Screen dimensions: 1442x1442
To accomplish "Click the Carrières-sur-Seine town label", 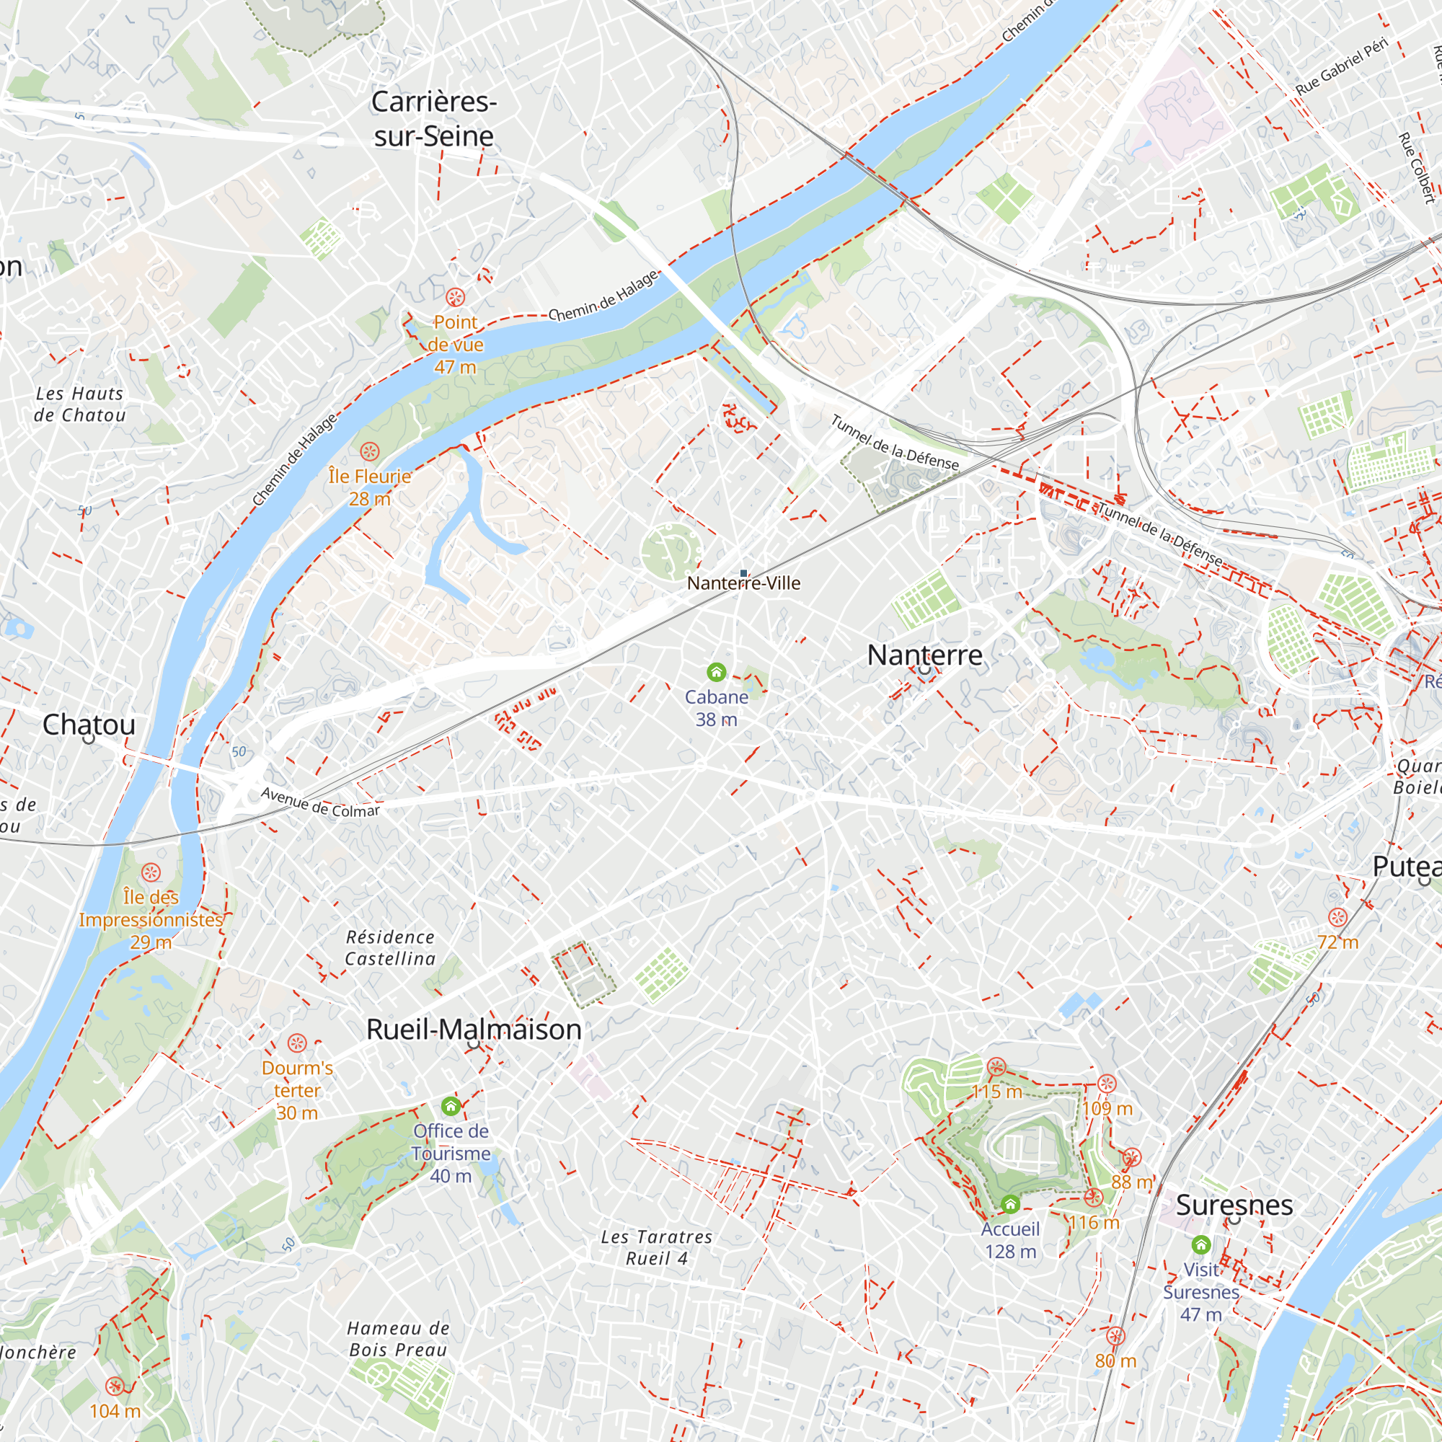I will [x=433, y=119].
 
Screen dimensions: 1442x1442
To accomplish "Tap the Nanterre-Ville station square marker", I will [x=743, y=573].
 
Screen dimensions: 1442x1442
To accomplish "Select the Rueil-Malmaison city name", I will [x=473, y=1030].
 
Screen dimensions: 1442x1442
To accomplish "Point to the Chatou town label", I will [x=89, y=724].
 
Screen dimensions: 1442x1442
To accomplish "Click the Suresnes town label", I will [x=1234, y=1205].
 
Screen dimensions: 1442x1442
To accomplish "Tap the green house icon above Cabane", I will [x=717, y=673].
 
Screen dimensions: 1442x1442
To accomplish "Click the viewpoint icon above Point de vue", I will [x=455, y=298].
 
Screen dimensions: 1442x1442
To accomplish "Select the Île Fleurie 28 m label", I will [x=369, y=487].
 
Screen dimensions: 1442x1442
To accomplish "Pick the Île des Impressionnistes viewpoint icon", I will [x=151, y=872].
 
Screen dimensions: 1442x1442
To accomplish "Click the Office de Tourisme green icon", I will [x=451, y=1105].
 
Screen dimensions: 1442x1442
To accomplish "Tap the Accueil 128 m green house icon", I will [x=1010, y=1204].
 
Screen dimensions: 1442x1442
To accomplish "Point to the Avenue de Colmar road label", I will [x=320, y=802].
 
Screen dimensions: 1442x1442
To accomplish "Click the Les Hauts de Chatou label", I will [x=80, y=404].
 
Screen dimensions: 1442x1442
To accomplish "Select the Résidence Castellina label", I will [x=390, y=947].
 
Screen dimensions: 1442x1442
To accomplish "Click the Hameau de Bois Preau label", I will [x=398, y=1338].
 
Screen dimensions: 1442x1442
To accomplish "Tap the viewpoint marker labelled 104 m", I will [x=114, y=1386].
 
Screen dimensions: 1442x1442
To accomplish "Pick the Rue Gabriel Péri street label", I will [x=1341, y=66].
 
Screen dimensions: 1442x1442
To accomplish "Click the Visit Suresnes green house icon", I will [x=1201, y=1244].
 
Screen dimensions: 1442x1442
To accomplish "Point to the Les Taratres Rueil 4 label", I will [x=657, y=1247].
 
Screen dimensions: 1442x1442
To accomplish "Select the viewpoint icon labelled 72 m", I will [x=1337, y=917].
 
